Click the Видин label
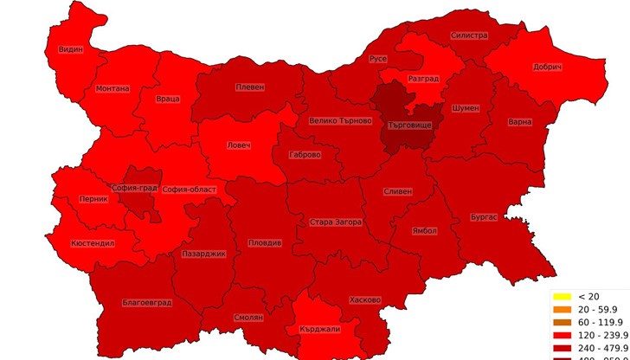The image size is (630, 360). click(71, 49)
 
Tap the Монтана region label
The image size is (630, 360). click(112, 88)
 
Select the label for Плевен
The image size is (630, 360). click(249, 87)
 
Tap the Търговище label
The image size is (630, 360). click(410, 125)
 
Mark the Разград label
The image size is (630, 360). click(423, 79)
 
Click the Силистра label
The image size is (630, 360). click(469, 36)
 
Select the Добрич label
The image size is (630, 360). click(548, 67)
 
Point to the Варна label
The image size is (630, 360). click(519, 122)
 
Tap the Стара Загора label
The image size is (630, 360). click(336, 222)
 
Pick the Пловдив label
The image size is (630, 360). click(265, 243)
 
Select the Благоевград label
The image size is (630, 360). click(148, 303)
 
